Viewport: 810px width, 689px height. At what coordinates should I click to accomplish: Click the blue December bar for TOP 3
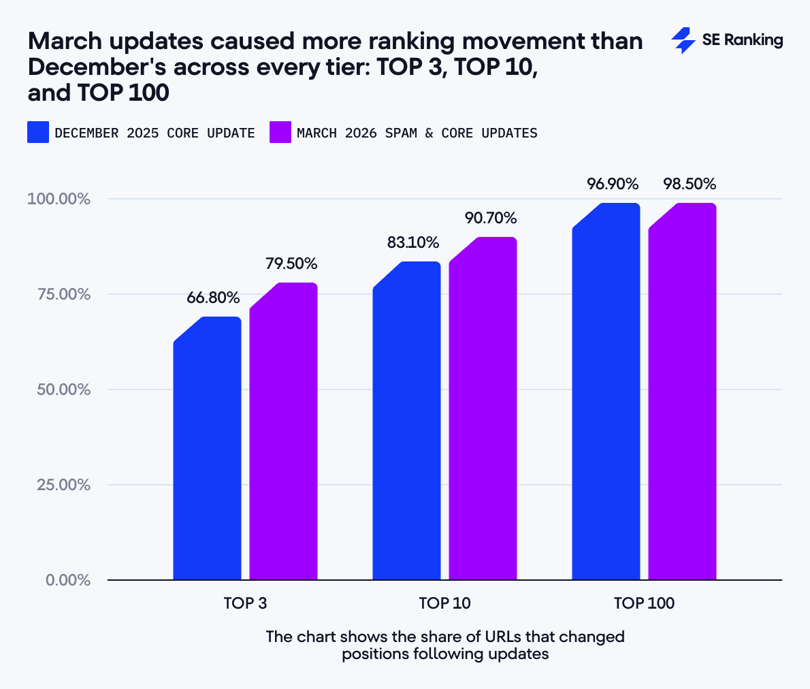[207, 449]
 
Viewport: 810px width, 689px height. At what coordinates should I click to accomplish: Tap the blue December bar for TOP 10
[406, 422]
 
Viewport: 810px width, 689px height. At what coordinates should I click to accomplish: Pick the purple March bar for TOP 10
[483, 408]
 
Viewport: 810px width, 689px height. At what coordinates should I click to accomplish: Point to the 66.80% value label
[213, 298]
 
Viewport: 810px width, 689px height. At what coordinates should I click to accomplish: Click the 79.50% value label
[291, 263]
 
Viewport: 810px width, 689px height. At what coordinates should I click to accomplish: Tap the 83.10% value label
[412, 242]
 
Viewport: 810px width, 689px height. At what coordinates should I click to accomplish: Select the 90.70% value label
[491, 218]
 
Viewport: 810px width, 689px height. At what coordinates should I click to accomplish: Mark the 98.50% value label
[690, 184]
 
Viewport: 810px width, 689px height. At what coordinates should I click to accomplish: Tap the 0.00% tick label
[68, 580]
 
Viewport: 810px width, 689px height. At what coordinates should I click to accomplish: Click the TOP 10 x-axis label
[444, 603]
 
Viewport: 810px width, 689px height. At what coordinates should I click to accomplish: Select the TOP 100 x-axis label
[644, 603]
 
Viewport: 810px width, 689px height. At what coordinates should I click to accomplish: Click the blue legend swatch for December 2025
[38, 132]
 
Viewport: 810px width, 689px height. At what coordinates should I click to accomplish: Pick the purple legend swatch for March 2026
[280, 132]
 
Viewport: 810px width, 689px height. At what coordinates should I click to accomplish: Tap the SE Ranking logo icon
[683, 41]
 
